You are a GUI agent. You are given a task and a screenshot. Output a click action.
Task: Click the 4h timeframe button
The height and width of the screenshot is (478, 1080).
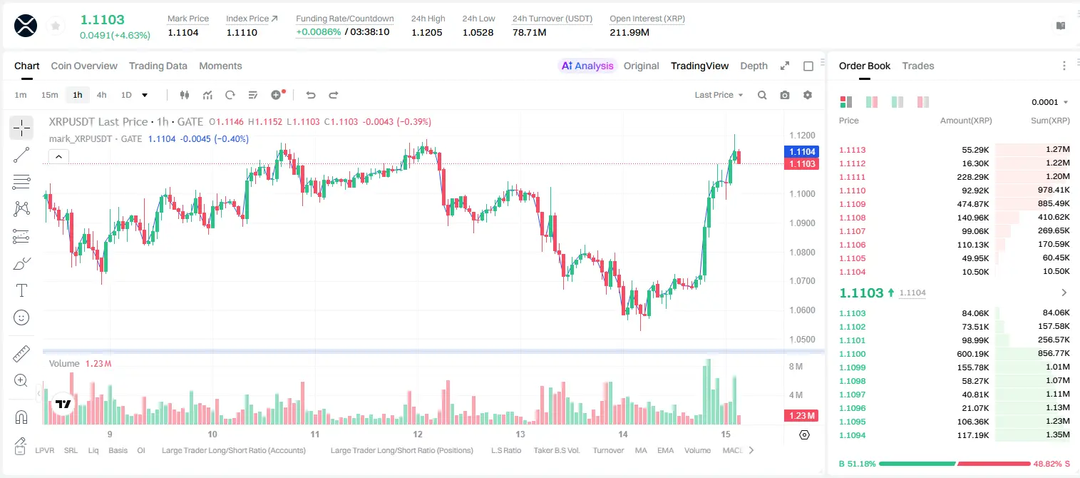[101, 95]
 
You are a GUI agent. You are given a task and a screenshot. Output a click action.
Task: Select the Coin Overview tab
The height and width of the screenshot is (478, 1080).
[84, 66]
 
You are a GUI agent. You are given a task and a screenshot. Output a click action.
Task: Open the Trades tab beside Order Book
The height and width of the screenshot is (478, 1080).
[918, 66]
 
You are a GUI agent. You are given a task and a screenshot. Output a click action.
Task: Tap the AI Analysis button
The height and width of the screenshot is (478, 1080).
[587, 66]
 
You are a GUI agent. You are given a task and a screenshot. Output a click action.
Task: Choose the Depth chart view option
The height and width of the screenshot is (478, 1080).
[754, 66]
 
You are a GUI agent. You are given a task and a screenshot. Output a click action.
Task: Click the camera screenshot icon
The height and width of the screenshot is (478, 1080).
[785, 95]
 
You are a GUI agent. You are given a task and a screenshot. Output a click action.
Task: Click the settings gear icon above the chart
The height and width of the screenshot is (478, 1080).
[808, 95]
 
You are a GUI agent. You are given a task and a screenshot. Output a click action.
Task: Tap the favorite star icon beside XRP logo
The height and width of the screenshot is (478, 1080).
[56, 26]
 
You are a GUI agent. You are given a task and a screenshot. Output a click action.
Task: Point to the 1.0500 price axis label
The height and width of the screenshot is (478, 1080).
[802, 339]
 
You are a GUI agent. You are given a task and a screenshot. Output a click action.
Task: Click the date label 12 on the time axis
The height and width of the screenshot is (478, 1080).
[418, 434]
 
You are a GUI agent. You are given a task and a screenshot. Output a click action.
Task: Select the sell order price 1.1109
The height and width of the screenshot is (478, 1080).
[853, 204]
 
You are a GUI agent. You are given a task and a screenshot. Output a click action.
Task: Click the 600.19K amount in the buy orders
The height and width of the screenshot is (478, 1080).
[973, 354]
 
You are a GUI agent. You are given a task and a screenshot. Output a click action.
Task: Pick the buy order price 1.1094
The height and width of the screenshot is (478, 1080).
[853, 435]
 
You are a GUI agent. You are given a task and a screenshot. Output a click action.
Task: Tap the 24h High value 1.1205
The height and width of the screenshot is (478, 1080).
[427, 32]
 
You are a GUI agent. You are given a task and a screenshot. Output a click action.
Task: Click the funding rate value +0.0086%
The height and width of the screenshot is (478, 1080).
[318, 32]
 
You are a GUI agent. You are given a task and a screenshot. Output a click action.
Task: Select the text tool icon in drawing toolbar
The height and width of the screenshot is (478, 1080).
[21, 290]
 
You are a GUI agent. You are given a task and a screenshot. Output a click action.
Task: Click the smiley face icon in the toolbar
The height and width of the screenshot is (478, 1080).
[21, 317]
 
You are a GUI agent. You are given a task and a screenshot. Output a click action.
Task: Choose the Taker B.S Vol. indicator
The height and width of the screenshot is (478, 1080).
[556, 450]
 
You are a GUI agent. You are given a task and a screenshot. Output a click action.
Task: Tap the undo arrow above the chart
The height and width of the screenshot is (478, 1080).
[311, 95]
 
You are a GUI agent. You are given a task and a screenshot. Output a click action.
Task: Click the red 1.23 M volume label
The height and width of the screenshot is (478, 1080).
[801, 415]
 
